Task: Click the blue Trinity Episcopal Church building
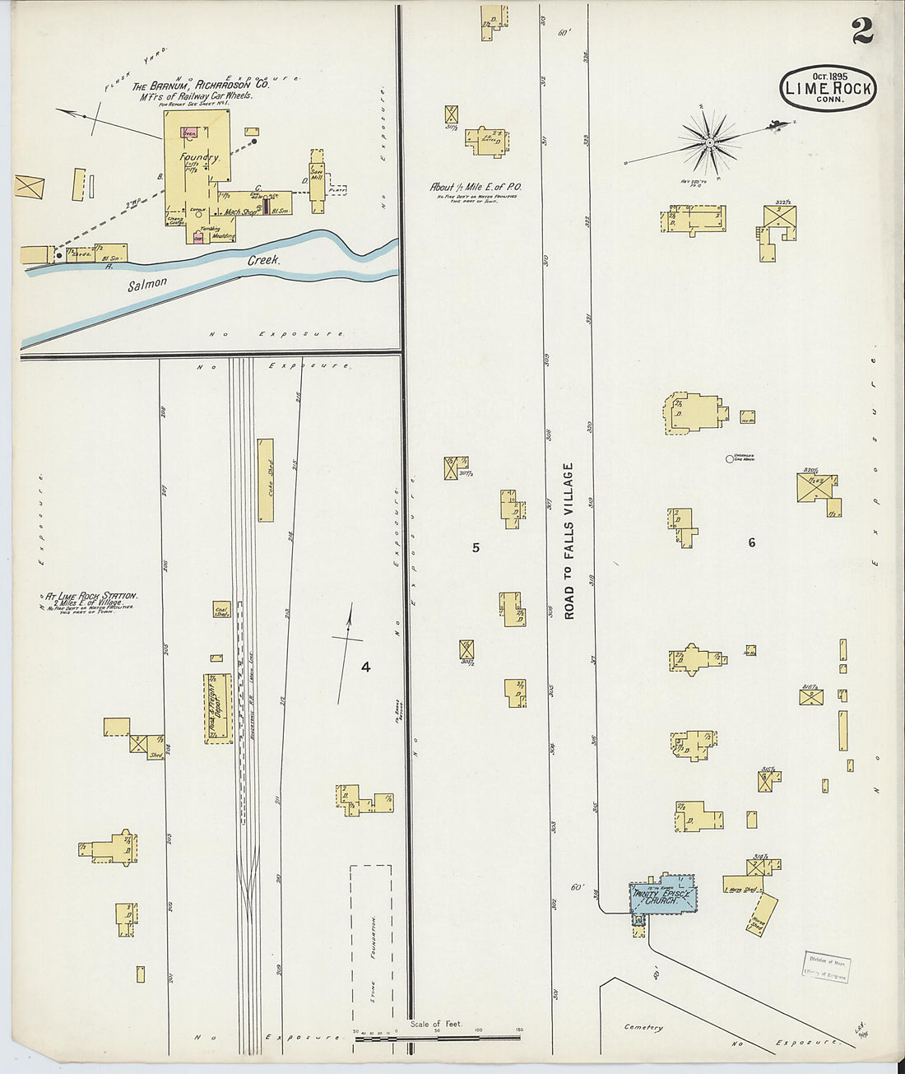pos(664,898)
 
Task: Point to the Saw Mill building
pos(317,180)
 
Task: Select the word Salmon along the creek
pos(147,284)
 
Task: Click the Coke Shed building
pos(265,480)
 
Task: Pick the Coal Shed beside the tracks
pos(221,610)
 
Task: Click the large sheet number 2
pos(861,32)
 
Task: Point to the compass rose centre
pos(709,142)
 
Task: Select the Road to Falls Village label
pos(569,541)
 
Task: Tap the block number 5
pos(476,547)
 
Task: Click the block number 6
pos(751,542)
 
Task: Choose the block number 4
pos(365,667)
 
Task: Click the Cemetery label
pos(643,1027)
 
